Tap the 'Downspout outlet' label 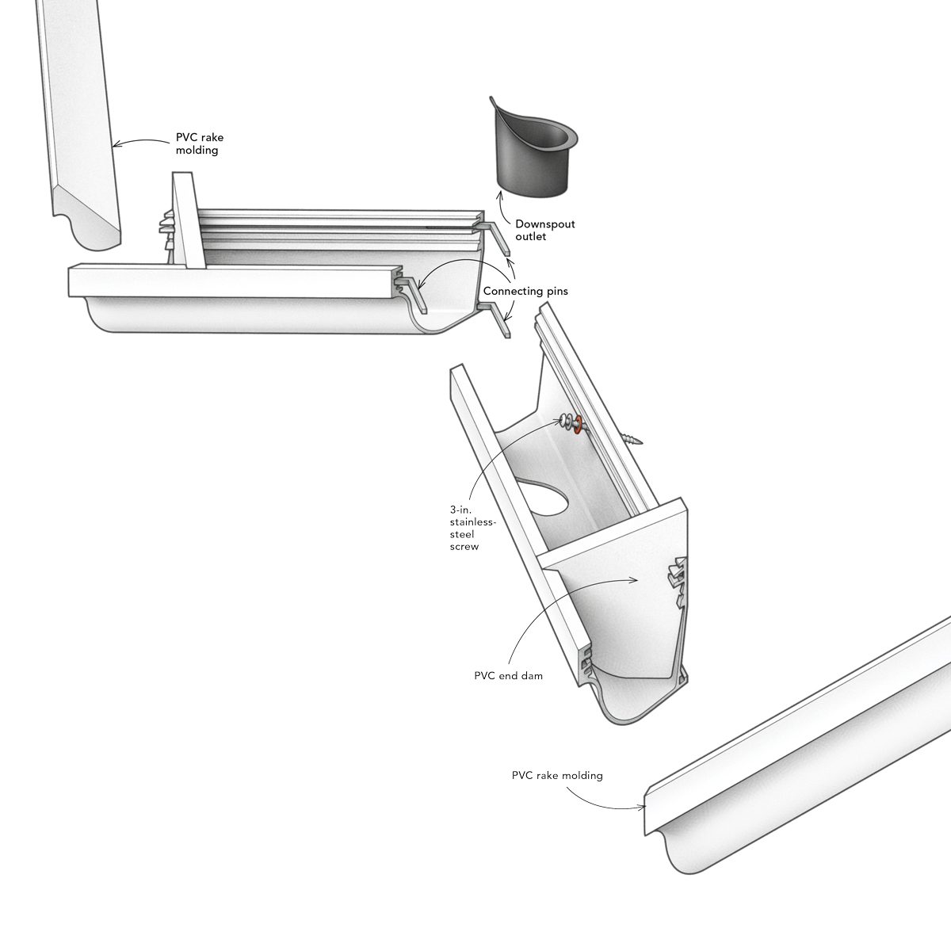(544, 230)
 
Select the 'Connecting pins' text (525, 291)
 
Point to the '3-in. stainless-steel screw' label (472, 528)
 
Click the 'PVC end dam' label (508, 676)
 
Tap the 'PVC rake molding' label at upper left (200, 143)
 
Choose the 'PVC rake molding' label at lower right (557, 775)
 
